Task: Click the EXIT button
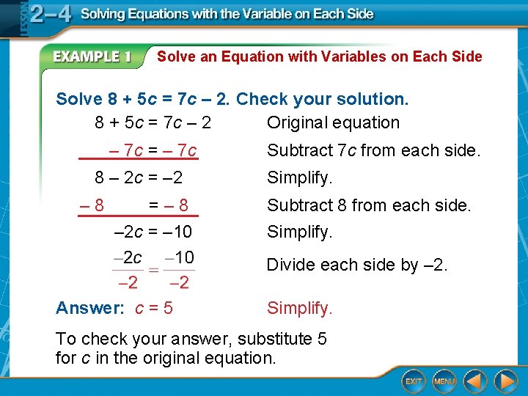[414, 381]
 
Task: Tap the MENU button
[444, 381]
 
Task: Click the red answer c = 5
[154, 308]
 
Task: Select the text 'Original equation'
[333, 122]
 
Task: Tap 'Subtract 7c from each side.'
[373, 151]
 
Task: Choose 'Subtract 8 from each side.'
[369, 206]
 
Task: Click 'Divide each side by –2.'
[356, 265]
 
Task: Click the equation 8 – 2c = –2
[139, 177]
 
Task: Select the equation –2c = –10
[153, 232]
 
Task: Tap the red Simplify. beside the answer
[299, 308]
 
